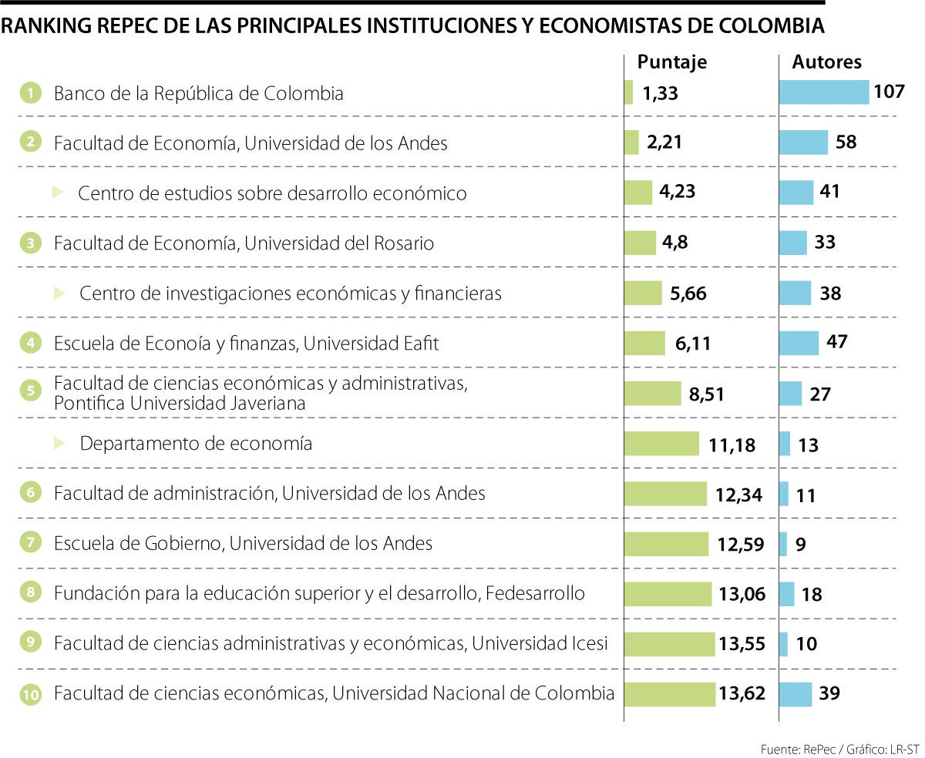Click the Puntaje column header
pyautogui.click(x=671, y=62)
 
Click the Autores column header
pyautogui.click(x=827, y=62)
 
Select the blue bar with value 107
pyautogui.click(x=823, y=92)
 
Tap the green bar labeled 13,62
pyautogui.click(x=669, y=694)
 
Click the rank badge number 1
pyautogui.click(x=30, y=94)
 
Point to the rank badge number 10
pyautogui.click(x=30, y=695)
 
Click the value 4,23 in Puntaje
pyautogui.click(x=678, y=192)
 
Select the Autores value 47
pyautogui.click(x=836, y=342)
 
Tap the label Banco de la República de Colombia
pyautogui.click(x=198, y=94)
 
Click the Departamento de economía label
pyautogui.click(x=196, y=444)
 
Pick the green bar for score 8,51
pyautogui.click(x=652, y=393)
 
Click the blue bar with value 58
pyautogui.click(x=803, y=143)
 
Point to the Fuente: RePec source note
pyautogui.click(x=839, y=749)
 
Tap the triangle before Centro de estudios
pyautogui.click(x=58, y=193)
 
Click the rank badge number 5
pyautogui.click(x=30, y=391)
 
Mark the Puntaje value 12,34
pyautogui.click(x=738, y=495)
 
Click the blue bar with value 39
pyautogui.click(x=795, y=694)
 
